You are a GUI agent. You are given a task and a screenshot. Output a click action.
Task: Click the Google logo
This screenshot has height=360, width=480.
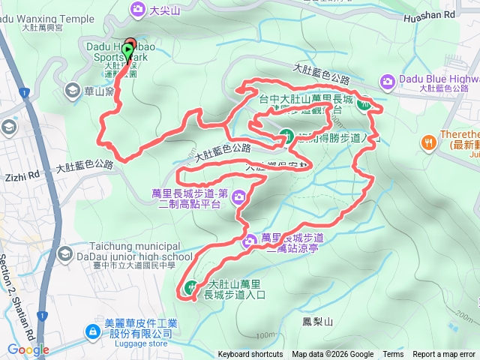coord(28,349)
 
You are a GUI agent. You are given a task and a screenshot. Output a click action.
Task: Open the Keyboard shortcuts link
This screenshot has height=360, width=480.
coord(250,355)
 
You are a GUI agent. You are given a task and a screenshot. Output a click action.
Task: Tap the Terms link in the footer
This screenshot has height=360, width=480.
coord(393,355)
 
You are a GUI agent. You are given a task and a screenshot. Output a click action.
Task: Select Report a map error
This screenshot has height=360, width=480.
coord(445,355)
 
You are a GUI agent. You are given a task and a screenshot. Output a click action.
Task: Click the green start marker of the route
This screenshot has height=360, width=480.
coord(128,51)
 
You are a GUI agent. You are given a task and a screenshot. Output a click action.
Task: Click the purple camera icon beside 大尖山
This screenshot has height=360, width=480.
coord(137,9)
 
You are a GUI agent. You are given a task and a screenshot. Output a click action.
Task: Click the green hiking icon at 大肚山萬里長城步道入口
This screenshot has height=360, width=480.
coord(190,288)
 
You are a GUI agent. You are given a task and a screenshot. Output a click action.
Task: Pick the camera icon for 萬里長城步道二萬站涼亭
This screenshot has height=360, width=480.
coord(250,241)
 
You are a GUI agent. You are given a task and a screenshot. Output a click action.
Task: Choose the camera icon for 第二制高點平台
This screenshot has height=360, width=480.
coord(238,197)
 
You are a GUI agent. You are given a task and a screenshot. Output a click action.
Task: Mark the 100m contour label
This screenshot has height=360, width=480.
coord(264,334)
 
